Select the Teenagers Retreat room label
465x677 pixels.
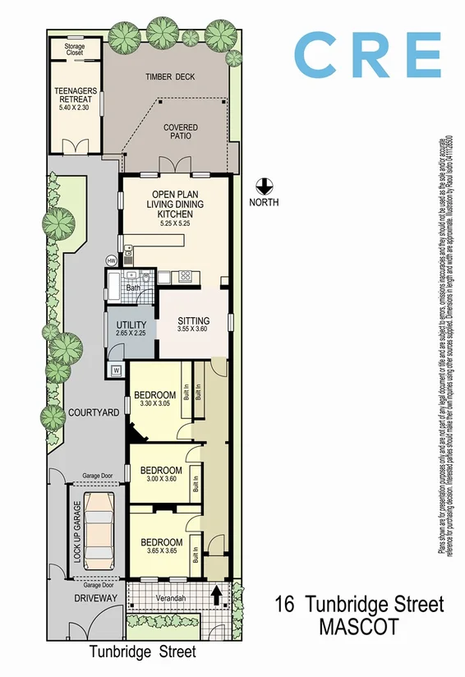tap(76, 95)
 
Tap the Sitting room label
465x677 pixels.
tap(194, 320)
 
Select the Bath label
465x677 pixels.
tap(132, 288)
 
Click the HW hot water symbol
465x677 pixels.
tap(112, 260)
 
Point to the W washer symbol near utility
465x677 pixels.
tap(115, 370)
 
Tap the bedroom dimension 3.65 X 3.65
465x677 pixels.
tap(161, 552)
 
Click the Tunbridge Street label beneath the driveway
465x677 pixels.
tap(143, 652)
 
